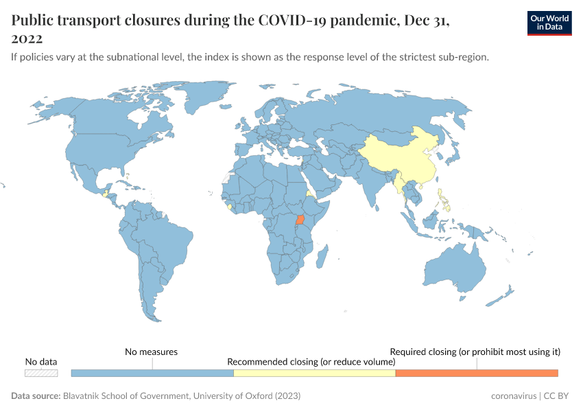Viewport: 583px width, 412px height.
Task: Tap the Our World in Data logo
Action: click(x=549, y=23)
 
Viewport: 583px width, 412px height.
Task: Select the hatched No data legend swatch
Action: click(x=41, y=373)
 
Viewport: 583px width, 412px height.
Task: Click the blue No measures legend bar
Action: click(x=152, y=373)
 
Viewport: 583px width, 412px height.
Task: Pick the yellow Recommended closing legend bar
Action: click(x=314, y=373)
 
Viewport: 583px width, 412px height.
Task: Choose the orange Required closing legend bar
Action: click(x=477, y=373)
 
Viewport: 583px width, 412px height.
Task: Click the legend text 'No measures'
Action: click(x=151, y=352)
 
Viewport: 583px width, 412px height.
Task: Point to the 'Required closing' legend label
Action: click(x=475, y=352)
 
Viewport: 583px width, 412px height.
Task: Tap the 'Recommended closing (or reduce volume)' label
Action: click(x=311, y=361)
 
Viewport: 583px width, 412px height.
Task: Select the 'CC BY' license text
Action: click(x=555, y=396)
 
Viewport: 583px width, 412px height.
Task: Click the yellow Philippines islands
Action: click(x=447, y=199)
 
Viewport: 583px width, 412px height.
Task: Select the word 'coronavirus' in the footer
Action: click(x=513, y=396)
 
